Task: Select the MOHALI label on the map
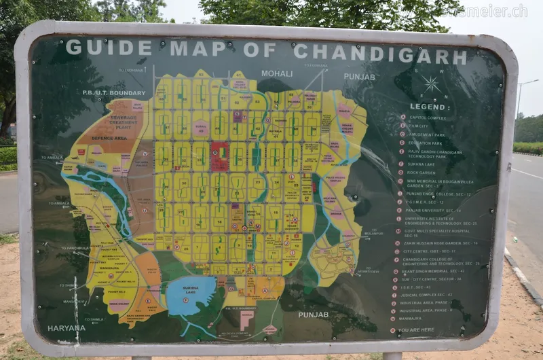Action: [277, 73]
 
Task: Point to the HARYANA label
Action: [67, 328]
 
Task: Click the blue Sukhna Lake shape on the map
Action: [191, 295]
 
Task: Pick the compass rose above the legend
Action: [430, 84]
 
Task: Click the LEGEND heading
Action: [428, 107]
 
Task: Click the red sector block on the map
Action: [219, 156]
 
